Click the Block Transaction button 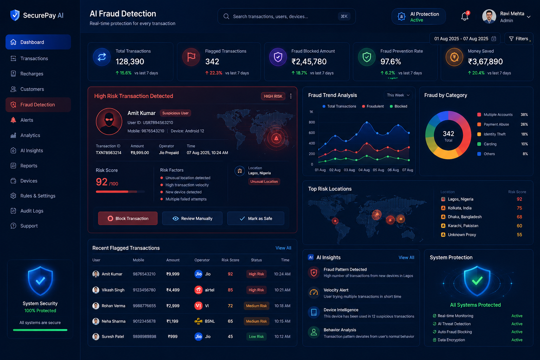(x=128, y=218)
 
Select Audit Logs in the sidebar (x=32, y=211)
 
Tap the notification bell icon (x=464, y=17)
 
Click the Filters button (x=519, y=39)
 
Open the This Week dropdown (x=398, y=95)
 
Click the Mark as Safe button (x=256, y=218)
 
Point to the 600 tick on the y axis (x=312, y=133)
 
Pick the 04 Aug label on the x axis (x=364, y=170)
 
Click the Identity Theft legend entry (x=494, y=134)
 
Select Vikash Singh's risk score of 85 (x=230, y=290)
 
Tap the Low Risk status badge (x=256, y=336)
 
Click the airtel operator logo (x=198, y=290)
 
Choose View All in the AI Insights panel (x=406, y=258)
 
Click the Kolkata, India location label (x=459, y=208)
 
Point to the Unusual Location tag (x=264, y=181)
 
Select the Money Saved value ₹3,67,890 (x=485, y=62)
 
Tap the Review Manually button (x=192, y=218)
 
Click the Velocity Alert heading (x=336, y=290)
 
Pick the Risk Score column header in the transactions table (x=230, y=260)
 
